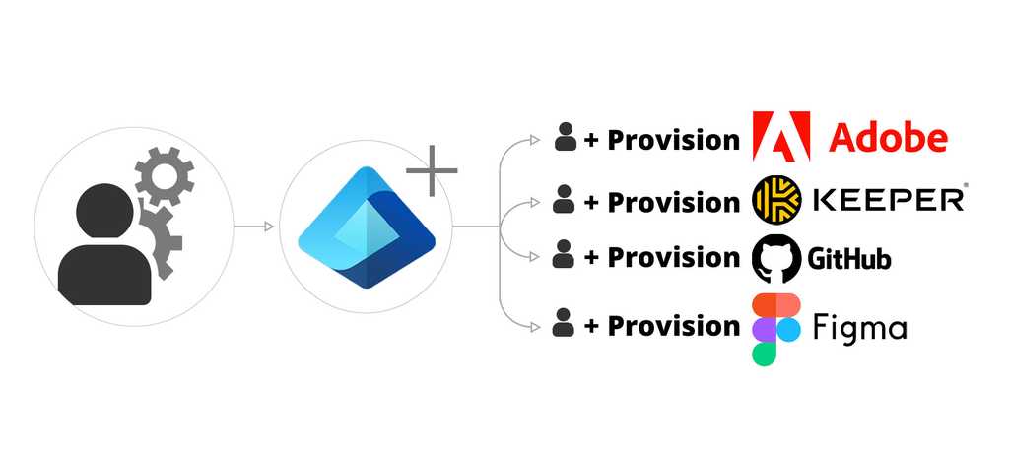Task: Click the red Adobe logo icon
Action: click(x=781, y=136)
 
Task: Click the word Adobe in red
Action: click(x=888, y=137)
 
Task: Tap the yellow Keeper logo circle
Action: click(x=775, y=200)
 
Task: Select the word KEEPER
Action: click(x=887, y=201)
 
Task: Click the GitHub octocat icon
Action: click(x=774, y=258)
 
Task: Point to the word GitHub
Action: click(x=849, y=259)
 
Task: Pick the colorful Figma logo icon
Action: click(x=775, y=328)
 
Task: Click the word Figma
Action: click(x=860, y=328)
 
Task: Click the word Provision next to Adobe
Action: click(x=673, y=140)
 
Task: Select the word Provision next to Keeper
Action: click(x=673, y=202)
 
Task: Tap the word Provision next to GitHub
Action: click(x=673, y=258)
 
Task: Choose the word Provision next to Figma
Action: click(x=673, y=326)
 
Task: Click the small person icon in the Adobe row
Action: click(x=565, y=138)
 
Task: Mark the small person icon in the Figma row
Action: click(x=564, y=323)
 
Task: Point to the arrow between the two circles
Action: click(x=254, y=227)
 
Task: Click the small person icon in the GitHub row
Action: click(x=564, y=256)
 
